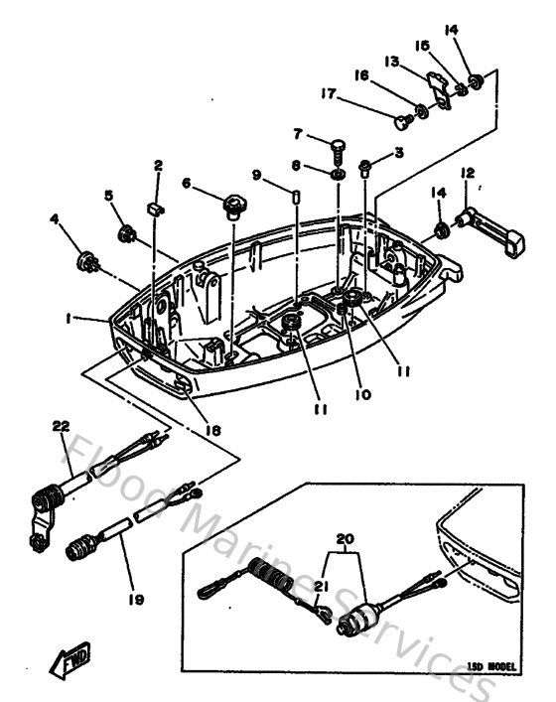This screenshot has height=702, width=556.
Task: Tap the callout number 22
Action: tap(62, 427)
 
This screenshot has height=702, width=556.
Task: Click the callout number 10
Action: tap(362, 394)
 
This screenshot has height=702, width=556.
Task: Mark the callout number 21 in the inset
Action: tap(320, 588)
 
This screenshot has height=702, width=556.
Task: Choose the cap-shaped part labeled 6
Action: tap(233, 207)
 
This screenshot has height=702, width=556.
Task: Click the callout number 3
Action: tap(399, 152)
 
